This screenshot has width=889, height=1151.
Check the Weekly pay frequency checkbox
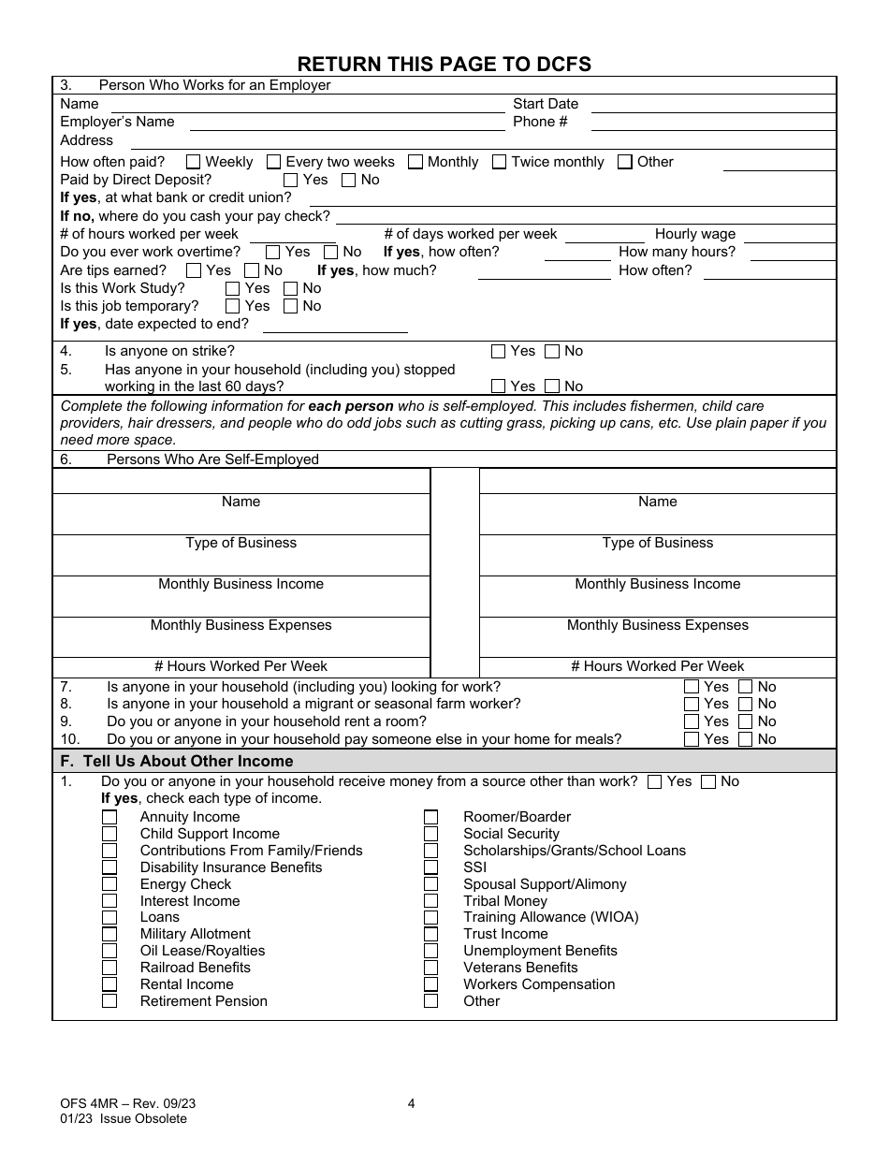click(x=194, y=162)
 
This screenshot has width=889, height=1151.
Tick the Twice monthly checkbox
click(x=500, y=162)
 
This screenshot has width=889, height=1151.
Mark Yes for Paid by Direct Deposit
click(x=291, y=180)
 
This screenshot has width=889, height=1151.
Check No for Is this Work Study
click(x=291, y=288)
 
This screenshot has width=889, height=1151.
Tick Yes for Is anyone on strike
click(x=499, y=352)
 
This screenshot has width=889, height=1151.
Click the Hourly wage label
click(x=695, y=234)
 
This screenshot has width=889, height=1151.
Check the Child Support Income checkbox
click(x=109, y=834)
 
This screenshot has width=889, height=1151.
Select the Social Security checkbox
click(x=430, y=834)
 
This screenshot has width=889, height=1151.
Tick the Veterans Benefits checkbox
click(x=430, y=968)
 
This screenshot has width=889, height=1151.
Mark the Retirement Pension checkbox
click(x=109, y=1001)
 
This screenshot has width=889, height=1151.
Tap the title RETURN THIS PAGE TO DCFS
click(x=444, y=64)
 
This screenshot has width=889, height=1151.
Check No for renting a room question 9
click(x=746, y=721)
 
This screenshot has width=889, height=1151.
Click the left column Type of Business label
click(x=240, y=543)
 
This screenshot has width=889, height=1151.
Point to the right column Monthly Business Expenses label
click(x=657, y=625)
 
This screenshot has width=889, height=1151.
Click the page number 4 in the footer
click(x=412, y=1103)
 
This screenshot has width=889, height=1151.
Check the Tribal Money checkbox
click(x=430, y=901)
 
